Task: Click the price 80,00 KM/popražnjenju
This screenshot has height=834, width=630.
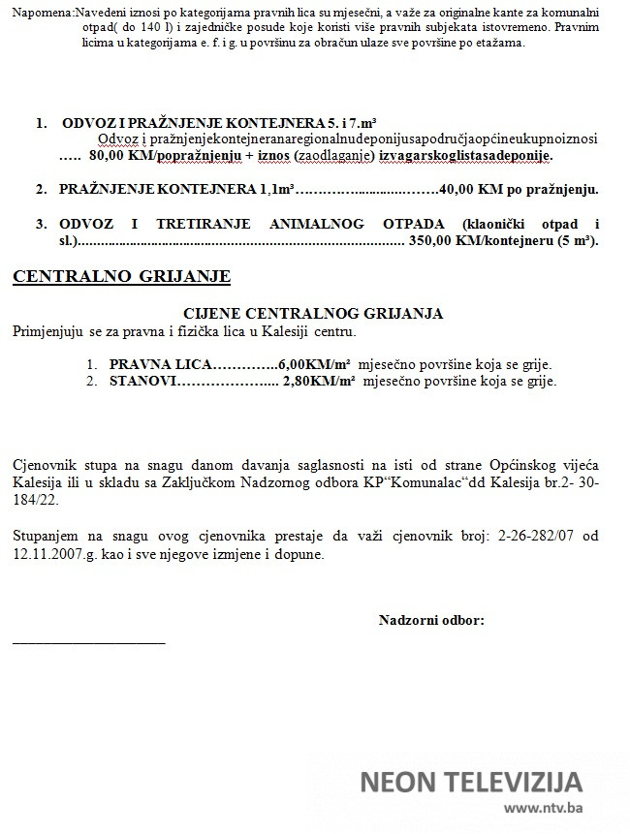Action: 171,154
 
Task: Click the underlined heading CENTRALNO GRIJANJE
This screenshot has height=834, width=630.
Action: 121,277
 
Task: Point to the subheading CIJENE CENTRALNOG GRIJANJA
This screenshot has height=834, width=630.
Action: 313,314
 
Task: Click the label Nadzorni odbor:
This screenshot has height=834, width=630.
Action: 431,620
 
